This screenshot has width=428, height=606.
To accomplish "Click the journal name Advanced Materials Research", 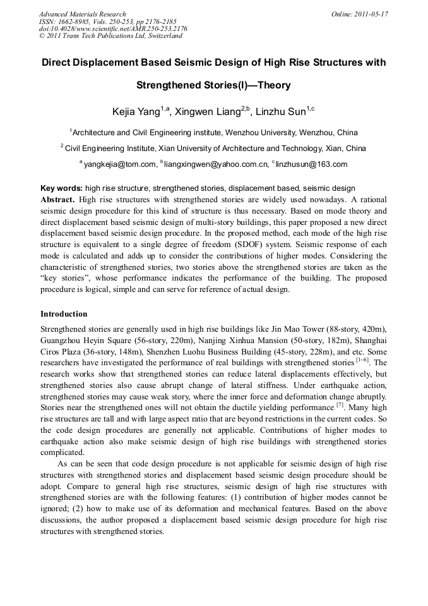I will [x=82, y=13].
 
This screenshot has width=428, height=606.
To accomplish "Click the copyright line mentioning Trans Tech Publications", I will [x=110, y=36].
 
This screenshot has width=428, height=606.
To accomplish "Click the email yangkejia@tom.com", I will [x=120, y=164].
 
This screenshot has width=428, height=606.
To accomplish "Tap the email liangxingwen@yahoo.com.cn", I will [x=215, y=164].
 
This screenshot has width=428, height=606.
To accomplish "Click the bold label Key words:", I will [x=61, y=188].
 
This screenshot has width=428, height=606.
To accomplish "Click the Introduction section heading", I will [x=64, y=314].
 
